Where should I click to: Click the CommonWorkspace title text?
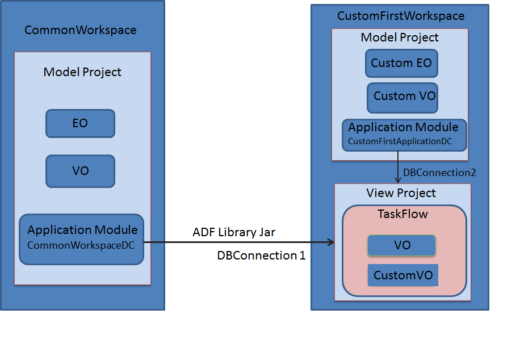[x=80, y=30]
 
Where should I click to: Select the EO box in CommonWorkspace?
[x=80, y=123]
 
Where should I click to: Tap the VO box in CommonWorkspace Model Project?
[x=80, y=171]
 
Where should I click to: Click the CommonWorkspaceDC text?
[x=81, y=245]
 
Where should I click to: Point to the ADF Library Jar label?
[x=234, y=232]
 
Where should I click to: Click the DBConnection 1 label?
[x=261, y=256]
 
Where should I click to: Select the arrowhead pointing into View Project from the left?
[x=331, y=242]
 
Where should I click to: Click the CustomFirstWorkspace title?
[x=401, y=16]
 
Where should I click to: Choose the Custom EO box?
[x=401, y=64]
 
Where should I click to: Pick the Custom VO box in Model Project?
[x=402, y=98]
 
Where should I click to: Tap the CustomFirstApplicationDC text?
[x=400, y=141]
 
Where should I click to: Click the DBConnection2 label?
[x=439, y=173]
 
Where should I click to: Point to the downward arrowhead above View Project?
[x=398, y=179]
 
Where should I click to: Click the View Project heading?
[x=401, y=193]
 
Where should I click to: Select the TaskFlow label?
[x=402, y=214]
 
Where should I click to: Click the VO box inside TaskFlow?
[x=401, y=245]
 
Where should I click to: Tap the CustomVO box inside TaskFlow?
[x=403, y=275]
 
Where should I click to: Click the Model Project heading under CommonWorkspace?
[x=82, y=72]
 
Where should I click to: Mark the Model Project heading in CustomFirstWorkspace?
[x=400, y=37]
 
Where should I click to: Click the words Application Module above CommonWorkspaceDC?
[x=82, y=230]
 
